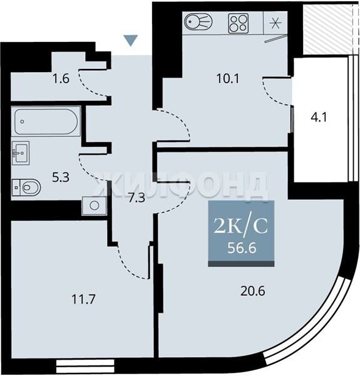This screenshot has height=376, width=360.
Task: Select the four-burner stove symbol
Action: [x=238, y=23]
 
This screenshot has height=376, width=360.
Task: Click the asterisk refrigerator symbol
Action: [x=275, y=23]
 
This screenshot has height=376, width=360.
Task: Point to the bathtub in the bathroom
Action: [x=46, y=122]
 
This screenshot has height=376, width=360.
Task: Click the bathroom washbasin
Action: [x=21, y=153]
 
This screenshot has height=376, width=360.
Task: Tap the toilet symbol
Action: [x=26, y=187]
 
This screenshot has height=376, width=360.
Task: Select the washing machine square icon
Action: [x=94, y=206]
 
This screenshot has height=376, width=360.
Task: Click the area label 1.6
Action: [x=61, y=79]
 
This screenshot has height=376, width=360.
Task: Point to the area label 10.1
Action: [x=227, y=78]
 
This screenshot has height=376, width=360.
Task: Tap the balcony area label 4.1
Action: [x=319, y=118]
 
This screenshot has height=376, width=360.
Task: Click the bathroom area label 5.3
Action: [x=61, y=178]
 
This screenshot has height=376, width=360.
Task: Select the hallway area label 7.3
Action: [x=136, y=198]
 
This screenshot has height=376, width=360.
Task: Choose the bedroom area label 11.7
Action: [x=84, y=300]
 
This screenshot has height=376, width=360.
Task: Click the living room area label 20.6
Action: [x=253, y=291]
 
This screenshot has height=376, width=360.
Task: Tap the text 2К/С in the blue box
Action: [x=240, y=226]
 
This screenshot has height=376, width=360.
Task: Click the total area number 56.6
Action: [x=242, y=248]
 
